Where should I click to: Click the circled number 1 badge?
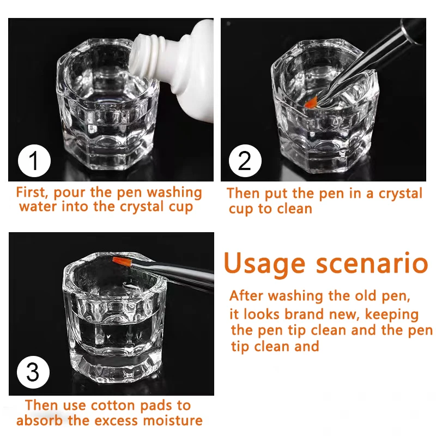coord(34,161)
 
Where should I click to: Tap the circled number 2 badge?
coord(245,161)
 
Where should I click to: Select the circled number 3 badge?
coord(33,372)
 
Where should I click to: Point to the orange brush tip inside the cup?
coord(311,102)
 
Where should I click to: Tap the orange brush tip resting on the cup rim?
coord(122,262)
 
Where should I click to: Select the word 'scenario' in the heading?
coord(372,263)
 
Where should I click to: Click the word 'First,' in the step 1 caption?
coord(32,192)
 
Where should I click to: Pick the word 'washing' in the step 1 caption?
coord(174,193)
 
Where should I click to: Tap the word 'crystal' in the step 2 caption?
coord(401,193)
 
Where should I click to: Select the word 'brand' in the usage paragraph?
coord(305,314)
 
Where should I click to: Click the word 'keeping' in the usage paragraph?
coord(392,315)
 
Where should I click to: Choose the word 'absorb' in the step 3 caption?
coord(39,420)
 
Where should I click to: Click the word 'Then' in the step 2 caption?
coord(243,193)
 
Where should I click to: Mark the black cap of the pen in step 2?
coord(413,30)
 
